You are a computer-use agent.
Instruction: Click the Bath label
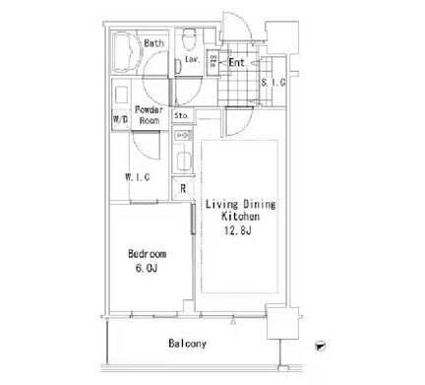(x=153, y=43)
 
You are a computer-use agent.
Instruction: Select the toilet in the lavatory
(x=188, y=37)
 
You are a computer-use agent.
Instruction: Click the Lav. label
(x=193, y=59)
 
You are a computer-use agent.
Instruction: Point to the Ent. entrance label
(x=237, y=62)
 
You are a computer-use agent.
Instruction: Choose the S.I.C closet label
(x=273, y=83)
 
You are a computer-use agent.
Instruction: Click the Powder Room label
(x=150, y=115)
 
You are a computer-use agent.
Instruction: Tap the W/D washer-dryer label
(x=120, y=119)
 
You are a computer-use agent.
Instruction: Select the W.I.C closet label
(x=138, y=177)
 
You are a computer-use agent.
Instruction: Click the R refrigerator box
(x=183, y=188)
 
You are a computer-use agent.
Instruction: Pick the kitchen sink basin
(x=184, y=161)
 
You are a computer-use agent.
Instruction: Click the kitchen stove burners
(x=183, y=135)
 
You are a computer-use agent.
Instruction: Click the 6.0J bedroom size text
(x=147, y=269)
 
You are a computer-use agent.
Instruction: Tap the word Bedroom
(x=147, y=254)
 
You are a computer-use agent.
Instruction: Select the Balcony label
(x=188, y=344)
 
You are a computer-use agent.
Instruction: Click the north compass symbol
(x=320, y=346)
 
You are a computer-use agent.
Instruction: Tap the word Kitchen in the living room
(x=241, y=217)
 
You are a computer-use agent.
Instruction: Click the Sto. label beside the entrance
(x=212, y=61)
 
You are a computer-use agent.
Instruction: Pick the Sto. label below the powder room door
(x=181, y=115)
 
